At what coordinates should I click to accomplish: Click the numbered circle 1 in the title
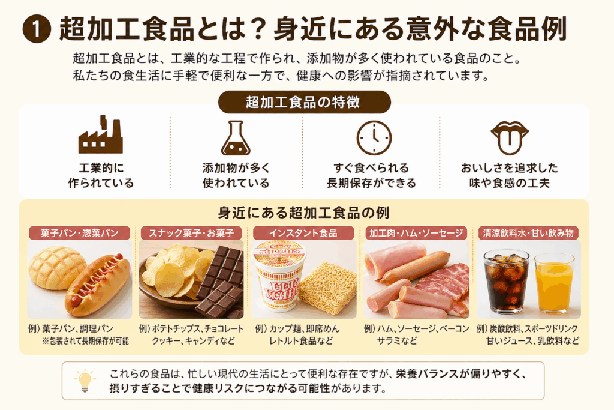pos(37,29)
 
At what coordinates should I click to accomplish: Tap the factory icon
pos(101,135)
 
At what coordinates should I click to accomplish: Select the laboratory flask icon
pos(236,138)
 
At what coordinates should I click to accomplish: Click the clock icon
pos(374,138)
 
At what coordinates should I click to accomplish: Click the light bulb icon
pos(85,381)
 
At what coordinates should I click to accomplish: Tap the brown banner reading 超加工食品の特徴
pos(304,102)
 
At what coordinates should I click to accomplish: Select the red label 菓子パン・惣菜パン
pos(80,233)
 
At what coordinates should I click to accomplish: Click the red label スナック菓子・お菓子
pos(191,233)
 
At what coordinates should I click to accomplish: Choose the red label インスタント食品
pos(303,233)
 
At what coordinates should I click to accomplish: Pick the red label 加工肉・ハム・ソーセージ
pos(416,233)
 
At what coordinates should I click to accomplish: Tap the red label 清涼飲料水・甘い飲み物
pos(528,233)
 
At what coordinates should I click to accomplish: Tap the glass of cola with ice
pos(506,281)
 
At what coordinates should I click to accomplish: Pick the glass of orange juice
pos(554,283)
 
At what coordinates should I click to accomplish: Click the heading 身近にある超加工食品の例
pos(303,213)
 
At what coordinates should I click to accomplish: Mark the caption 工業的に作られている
pos(101,176)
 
